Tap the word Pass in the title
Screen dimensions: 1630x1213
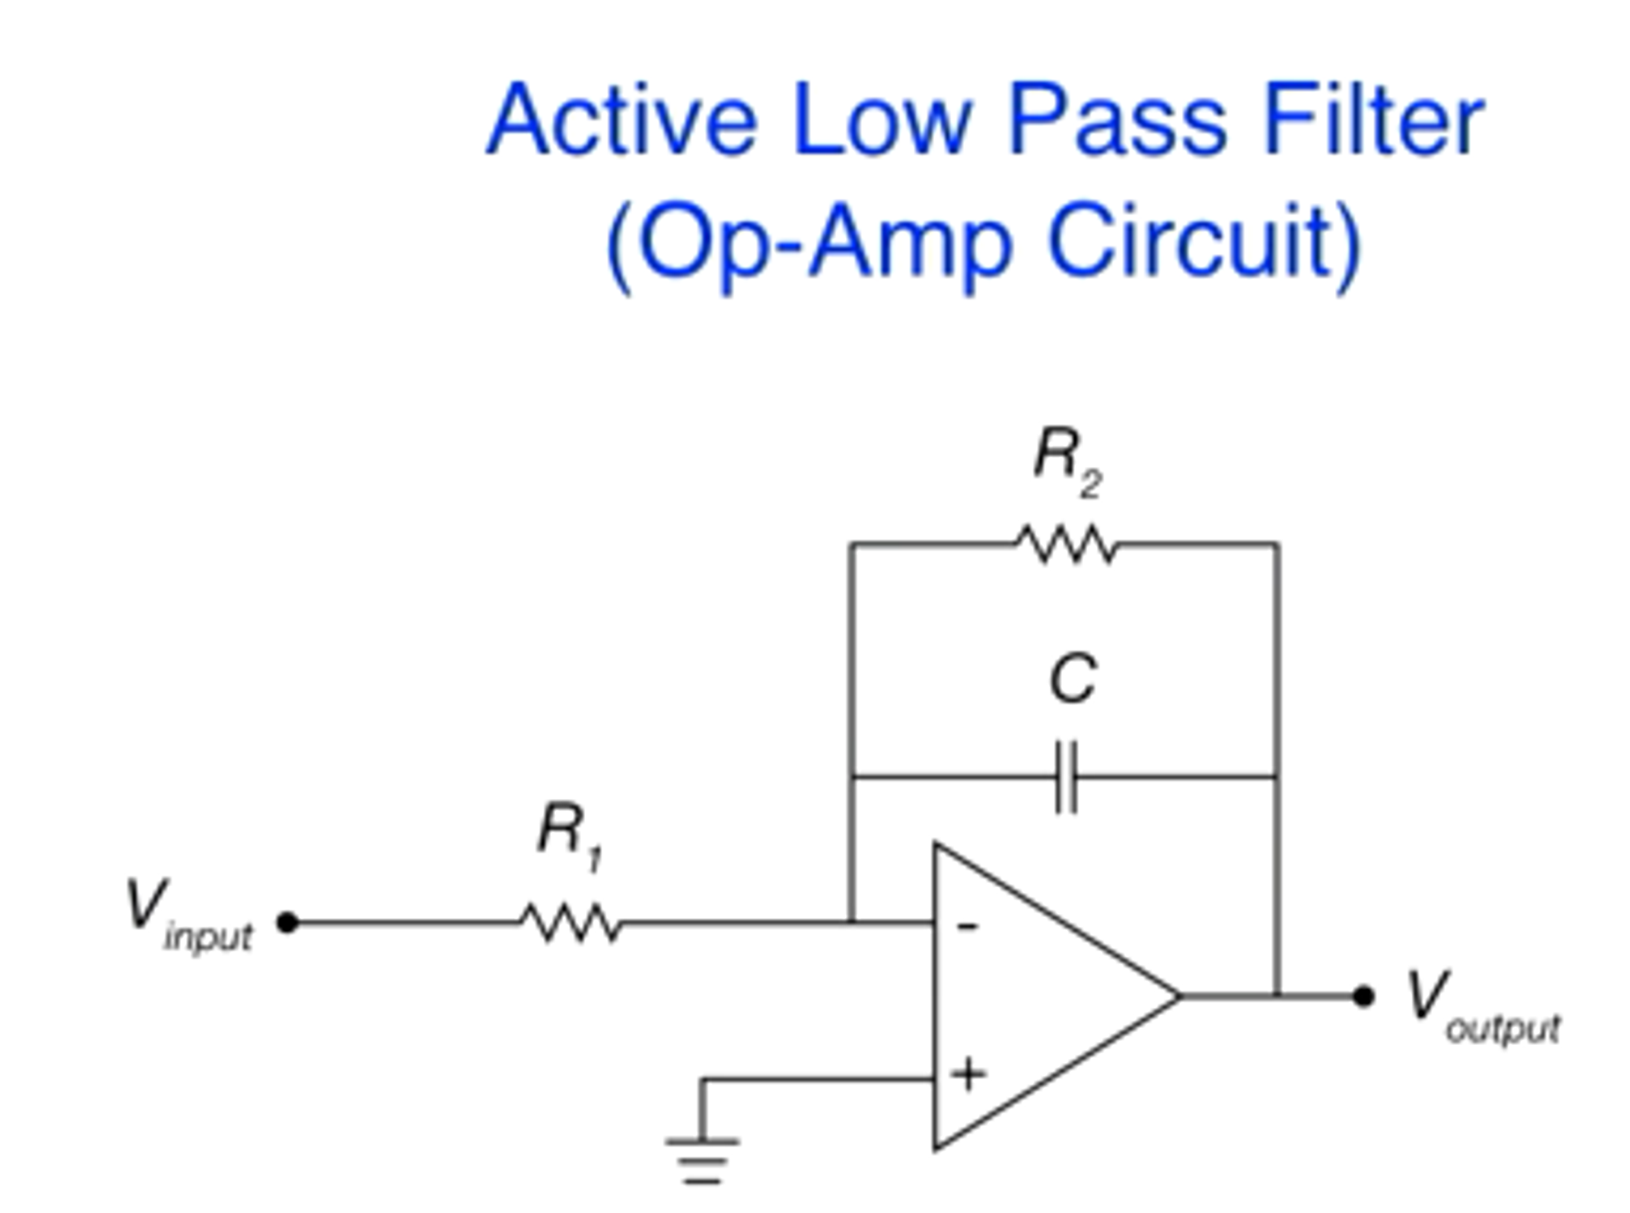[x=1117, y=120]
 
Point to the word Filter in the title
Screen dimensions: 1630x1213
[x=1373, y=120]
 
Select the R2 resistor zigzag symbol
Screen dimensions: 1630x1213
[x=1067, y=544]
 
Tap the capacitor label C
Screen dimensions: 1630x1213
[x=1073, y=679]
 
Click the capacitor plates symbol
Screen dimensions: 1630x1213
[x=1066, y=777]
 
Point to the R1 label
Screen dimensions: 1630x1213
[x=570, y=836]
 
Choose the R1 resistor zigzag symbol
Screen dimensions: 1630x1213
[x=571, y=924]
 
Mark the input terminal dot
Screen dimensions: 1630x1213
[x=287, y=923]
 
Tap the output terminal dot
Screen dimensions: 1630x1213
[x=1363, y=996]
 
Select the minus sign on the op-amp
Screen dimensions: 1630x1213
[x=967, y=926]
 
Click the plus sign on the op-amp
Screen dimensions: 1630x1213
[x=968, y=1074]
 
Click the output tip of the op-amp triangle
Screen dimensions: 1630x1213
[x=1180, y=996]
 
